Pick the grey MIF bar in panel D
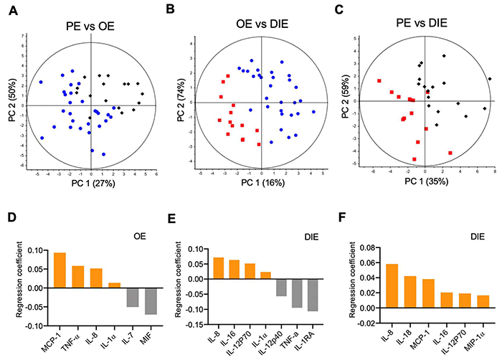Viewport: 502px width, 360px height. click(x=150, y=301)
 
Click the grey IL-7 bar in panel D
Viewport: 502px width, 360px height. click(x=133, y=298)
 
